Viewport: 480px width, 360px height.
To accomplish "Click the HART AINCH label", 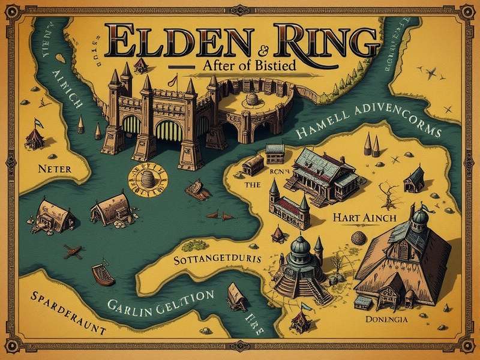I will [x=361, y=217].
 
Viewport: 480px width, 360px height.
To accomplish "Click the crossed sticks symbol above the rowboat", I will [x=73, y=252].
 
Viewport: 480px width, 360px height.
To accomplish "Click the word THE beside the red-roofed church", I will [x=253, y=186].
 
